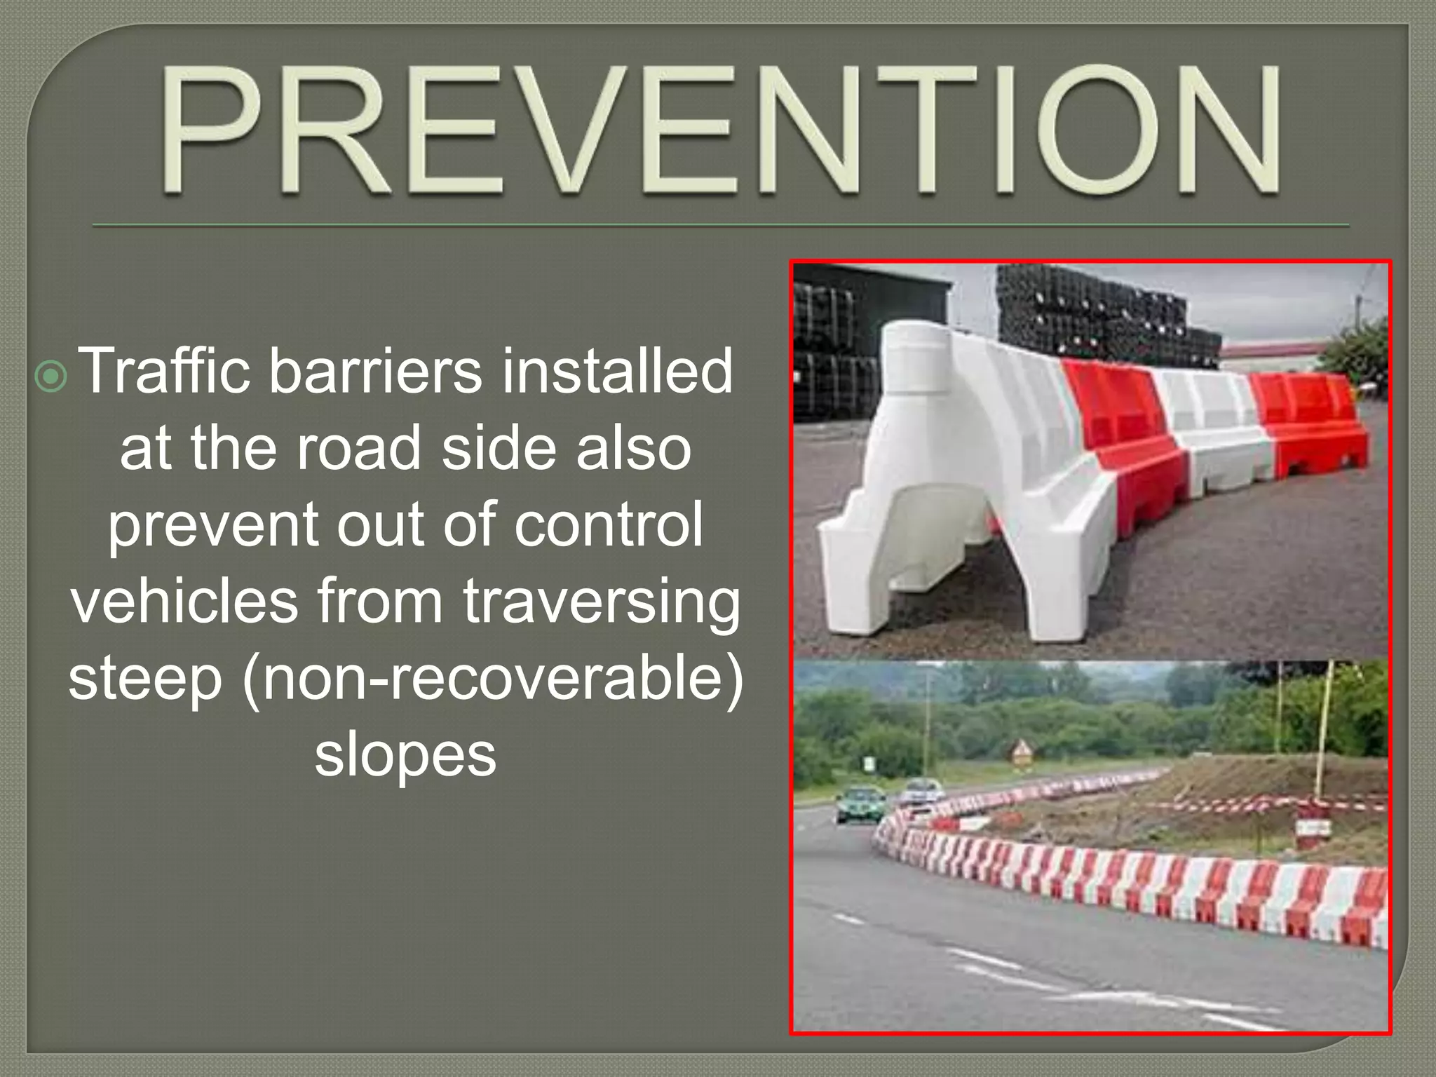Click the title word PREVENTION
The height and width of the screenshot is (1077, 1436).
[722, 130]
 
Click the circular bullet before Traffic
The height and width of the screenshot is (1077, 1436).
[51, 377]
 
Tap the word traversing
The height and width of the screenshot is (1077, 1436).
[601, 603]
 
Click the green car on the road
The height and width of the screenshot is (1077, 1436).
[860, 805]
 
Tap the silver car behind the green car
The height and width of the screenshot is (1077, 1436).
[921, 791]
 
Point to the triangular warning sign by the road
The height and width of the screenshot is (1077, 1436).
[1020, 752]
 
